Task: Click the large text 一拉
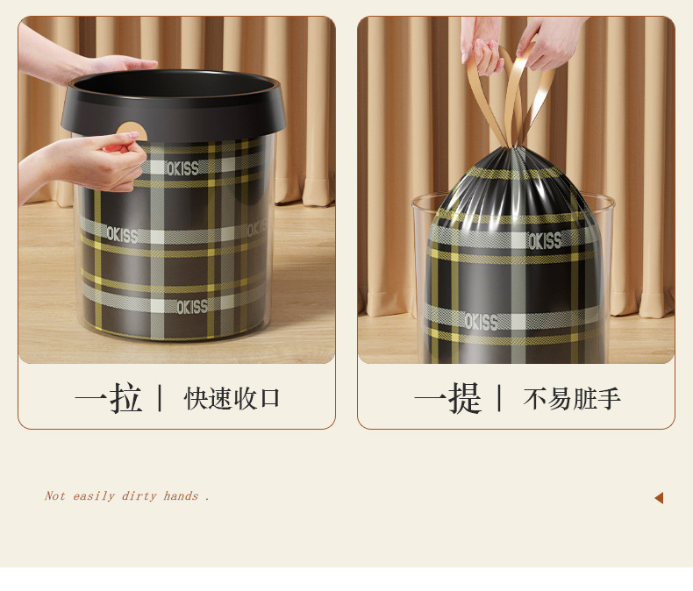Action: (x=108, y=398)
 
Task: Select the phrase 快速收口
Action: (x=232, y=398)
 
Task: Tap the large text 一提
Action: (x=447, y=398)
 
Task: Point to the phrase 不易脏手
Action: (x=572, y=399)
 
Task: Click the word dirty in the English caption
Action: (x=139, y=496)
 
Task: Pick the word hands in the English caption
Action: (x=181, y=496)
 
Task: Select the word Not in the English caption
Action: (x=54, y=496)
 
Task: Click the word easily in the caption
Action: (x=93, y=496)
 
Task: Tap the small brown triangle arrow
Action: (x=659, y=498)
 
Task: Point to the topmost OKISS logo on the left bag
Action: (x=182, y=168)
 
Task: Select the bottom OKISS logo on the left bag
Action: (x=192, y=307)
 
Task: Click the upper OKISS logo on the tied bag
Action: (x=544, y=241)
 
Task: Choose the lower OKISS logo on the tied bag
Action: (x=481, y=322)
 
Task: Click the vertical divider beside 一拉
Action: (x=160, y=398)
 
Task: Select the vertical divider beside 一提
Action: (x=499, y=398)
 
